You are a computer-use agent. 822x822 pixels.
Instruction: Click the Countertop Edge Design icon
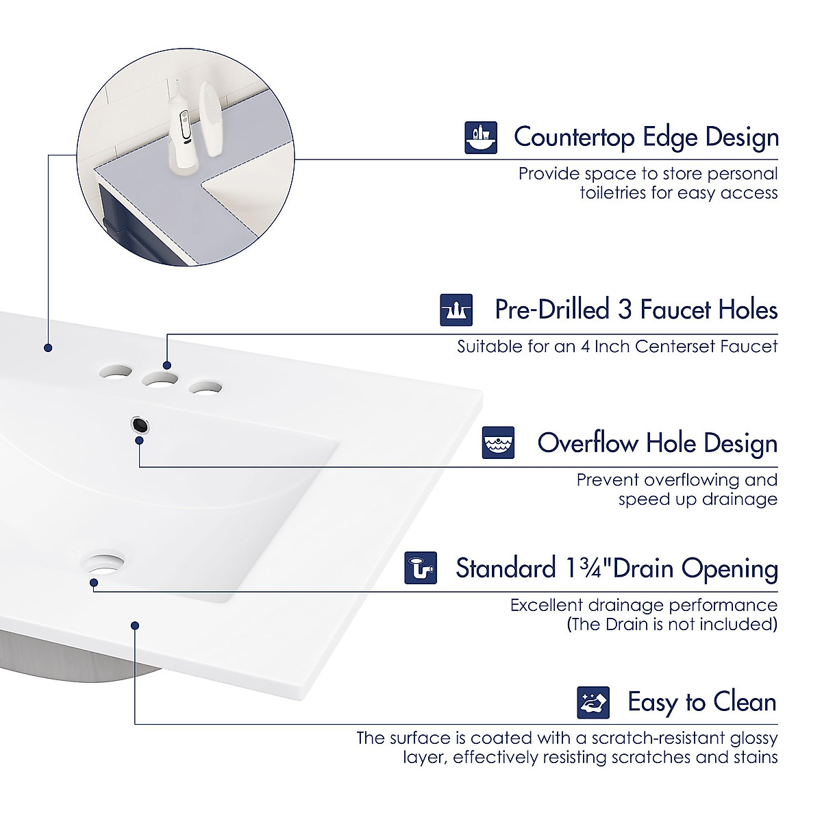click(x=481, y=137)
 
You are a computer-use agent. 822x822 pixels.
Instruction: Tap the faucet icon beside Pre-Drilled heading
click(x=456, y=310)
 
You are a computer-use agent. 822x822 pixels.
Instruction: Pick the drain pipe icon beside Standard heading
click(x=421, y=568)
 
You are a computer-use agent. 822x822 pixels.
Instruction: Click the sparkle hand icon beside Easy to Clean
click(x=593, y=702)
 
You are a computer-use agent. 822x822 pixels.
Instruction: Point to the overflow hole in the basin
click(x=140, y=425)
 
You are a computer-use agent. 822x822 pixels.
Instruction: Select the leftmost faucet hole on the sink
click(x=116, y=372)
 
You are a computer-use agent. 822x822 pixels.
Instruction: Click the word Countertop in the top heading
click(x=574, y=137)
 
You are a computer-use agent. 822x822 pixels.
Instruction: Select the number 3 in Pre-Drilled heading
click(x=624, y=310)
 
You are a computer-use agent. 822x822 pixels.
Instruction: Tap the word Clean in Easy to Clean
click(x=745, y=702)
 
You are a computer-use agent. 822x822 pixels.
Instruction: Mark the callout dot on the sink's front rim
click(x=135, y=625)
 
